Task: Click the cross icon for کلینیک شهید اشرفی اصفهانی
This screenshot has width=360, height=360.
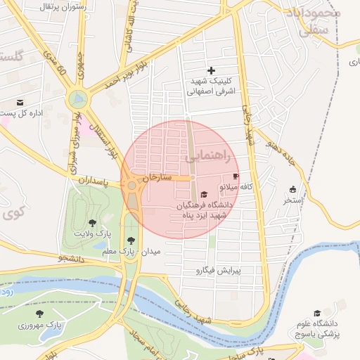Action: click(x=211, y=70)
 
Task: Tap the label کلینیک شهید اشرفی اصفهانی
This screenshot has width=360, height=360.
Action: click(x=214, y=86)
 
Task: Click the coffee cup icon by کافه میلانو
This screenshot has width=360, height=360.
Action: click(x=235, y=176)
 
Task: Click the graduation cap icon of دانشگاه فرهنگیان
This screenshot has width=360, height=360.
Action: click(x=204, y=195)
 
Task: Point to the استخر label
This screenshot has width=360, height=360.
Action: click(x=292, y=200)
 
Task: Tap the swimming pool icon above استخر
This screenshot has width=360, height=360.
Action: click(x=292, y=189)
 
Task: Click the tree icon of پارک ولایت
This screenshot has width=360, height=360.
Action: click(x=92, y=223)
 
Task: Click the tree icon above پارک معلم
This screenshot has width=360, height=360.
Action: click(x=131, y=240)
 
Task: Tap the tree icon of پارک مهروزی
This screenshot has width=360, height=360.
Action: click(x=39, y=314)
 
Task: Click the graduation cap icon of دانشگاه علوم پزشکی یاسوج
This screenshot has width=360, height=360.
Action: click(x=317, y=313)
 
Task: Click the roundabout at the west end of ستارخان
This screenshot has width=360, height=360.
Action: click(x=131, y=186)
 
